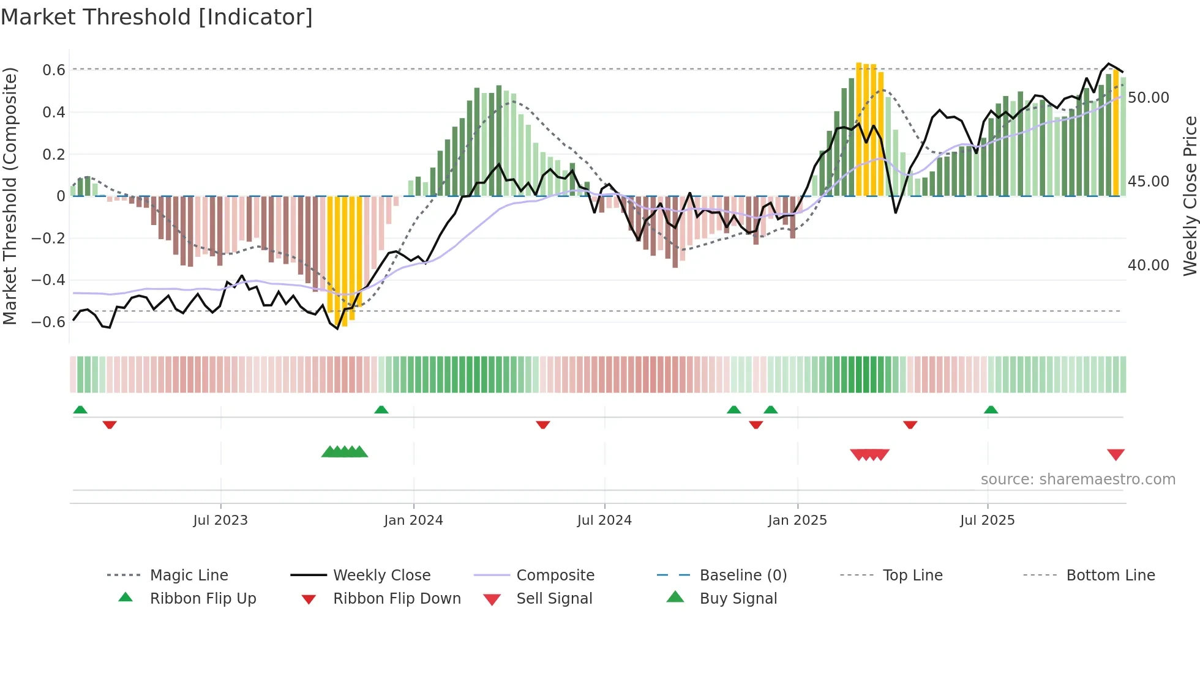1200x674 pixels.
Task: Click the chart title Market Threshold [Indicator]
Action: click(157, 17)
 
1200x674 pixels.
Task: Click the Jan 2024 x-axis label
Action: click(413, 520)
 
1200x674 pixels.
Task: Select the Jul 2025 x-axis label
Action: click(987, 520)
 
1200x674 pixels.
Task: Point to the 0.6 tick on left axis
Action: click(54, 70)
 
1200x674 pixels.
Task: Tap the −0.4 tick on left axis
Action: click(48, 280)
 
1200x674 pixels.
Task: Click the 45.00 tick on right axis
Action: click(1148, 181)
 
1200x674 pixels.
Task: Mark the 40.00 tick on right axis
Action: click(1148, 265)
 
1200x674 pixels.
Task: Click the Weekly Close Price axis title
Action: click(1190, 196)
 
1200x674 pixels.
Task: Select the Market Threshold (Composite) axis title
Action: click(10, 196)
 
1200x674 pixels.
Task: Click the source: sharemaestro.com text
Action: click(1078, 479)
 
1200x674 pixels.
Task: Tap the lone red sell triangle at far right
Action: click(1116, 454)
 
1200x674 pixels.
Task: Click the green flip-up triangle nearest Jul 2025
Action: click(991, 409)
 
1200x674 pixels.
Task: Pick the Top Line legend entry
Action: click(912, 575)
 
